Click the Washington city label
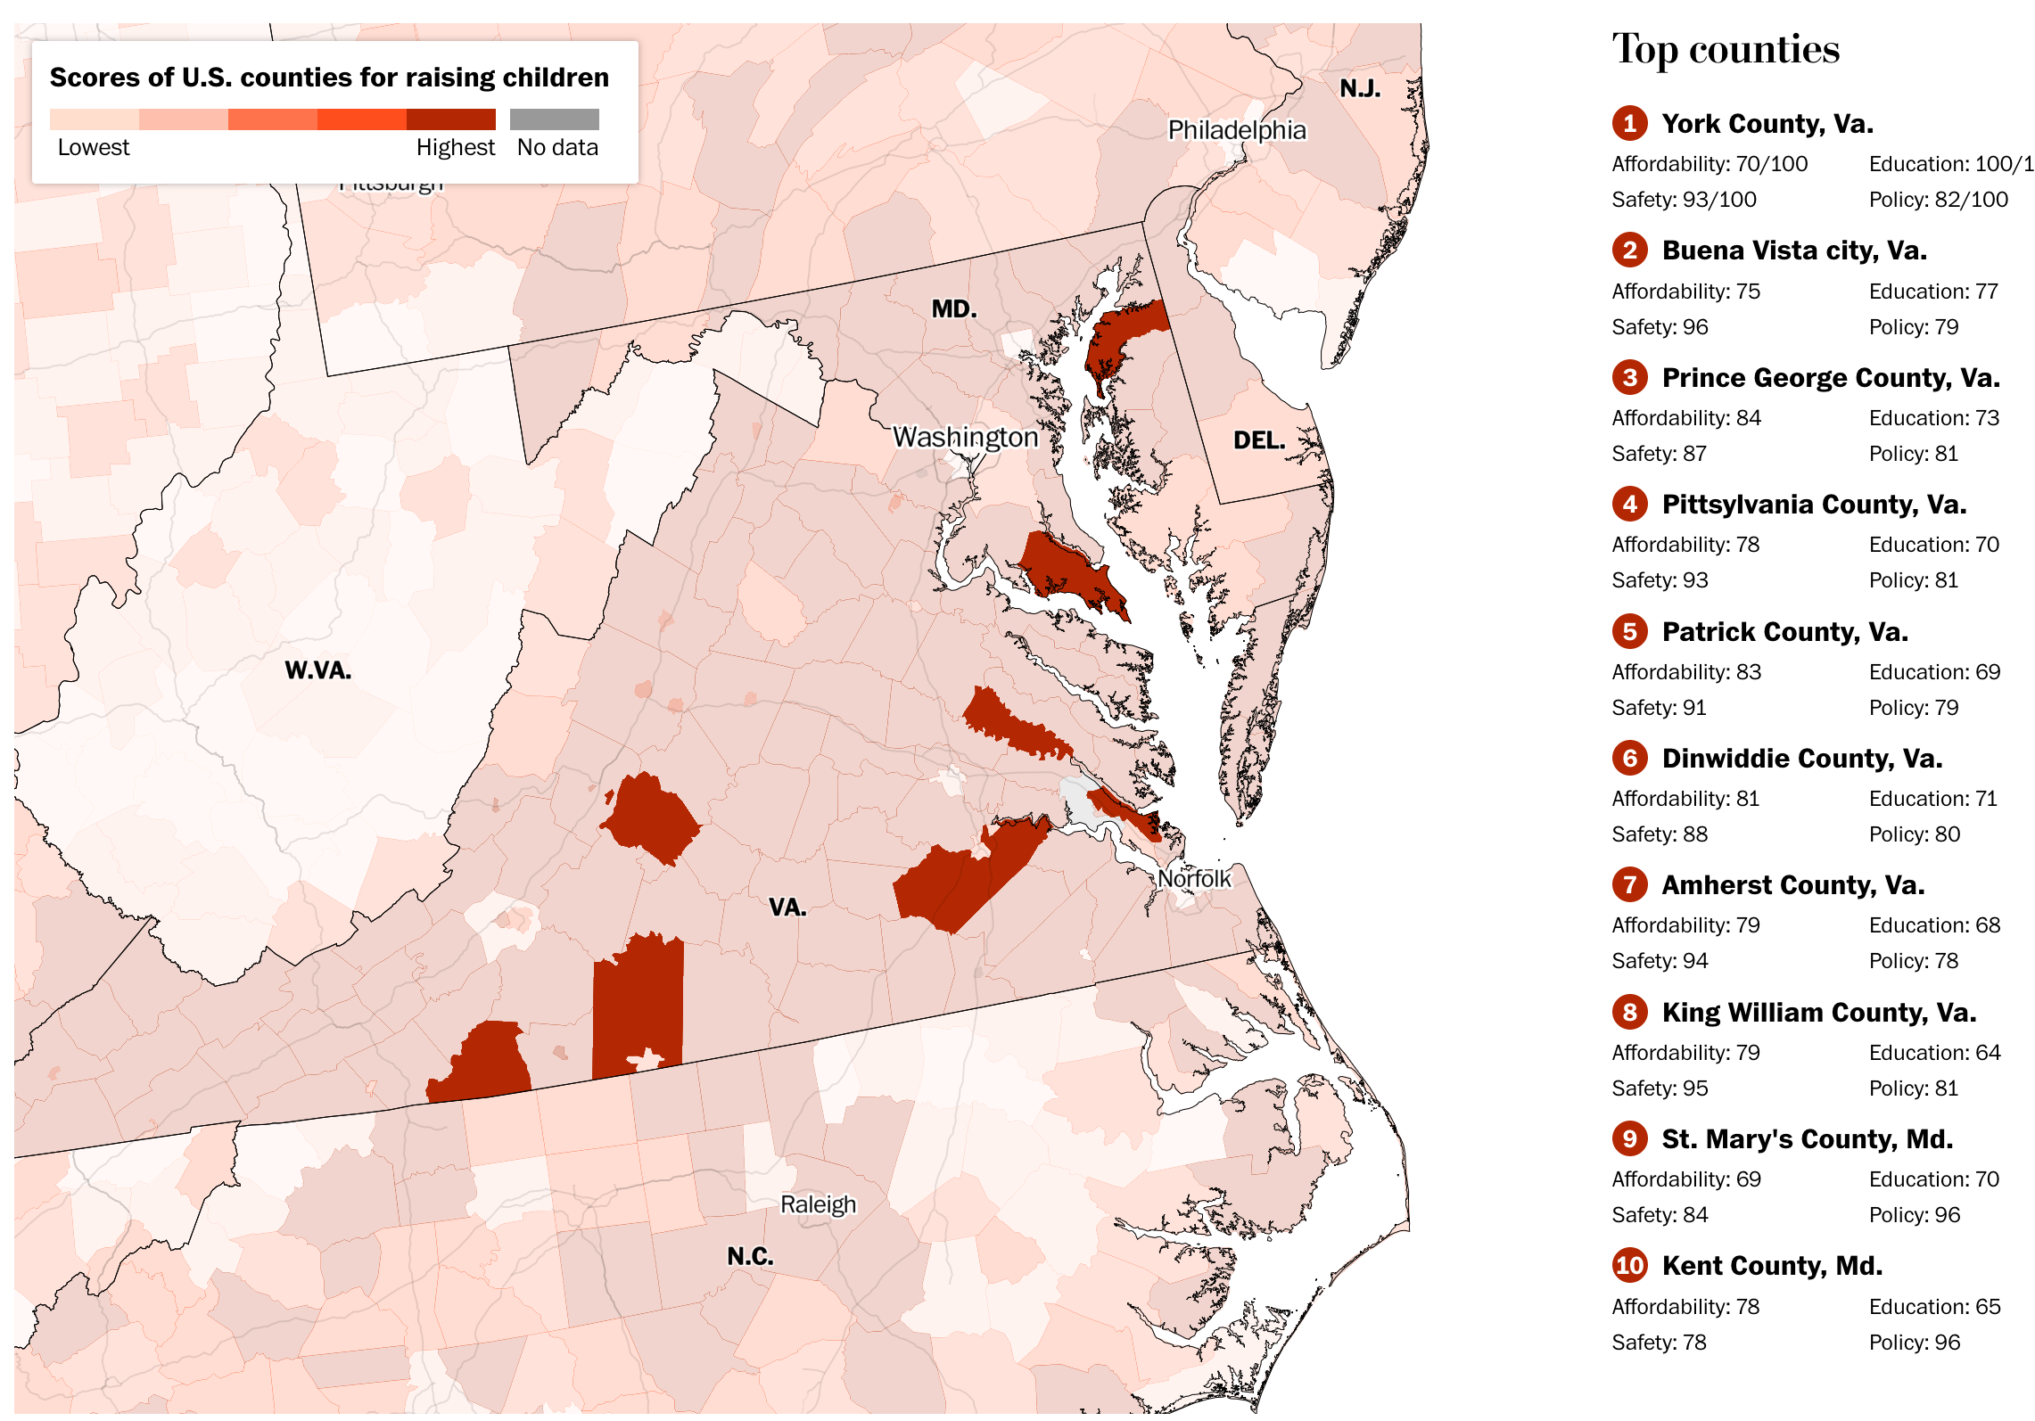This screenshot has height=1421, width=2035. tap(965, 437)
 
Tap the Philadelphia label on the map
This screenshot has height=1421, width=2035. tap(1236, 130)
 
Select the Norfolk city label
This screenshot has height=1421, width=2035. tap(1193, 879)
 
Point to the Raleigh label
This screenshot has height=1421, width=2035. tap(818, 1204)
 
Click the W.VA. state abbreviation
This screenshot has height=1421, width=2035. tap(317, 670)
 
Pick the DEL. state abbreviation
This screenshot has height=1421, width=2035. tap(1258, 440)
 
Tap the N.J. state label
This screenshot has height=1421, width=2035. tap(1360, 88)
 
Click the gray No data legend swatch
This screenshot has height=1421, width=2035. tap(554, 119)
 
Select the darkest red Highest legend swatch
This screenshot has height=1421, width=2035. tap(450, 119)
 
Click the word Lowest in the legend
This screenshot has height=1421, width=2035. tap(93, 148)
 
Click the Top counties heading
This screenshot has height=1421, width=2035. tap(1725, 49)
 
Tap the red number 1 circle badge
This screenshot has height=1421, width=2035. tap(1629, 123)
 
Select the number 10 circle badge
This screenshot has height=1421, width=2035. tap(1629, 1265)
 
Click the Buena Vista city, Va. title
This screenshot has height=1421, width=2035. tap(1793, 251)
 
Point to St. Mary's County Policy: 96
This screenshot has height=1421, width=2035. tap(1914, 1215)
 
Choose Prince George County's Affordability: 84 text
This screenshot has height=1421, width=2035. tap(1685, 418)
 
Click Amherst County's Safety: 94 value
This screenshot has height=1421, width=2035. tap(1659, 961)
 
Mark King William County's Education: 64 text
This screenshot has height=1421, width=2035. tap(1933, 1053)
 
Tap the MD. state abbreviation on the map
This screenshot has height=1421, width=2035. tap(953, 309)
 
